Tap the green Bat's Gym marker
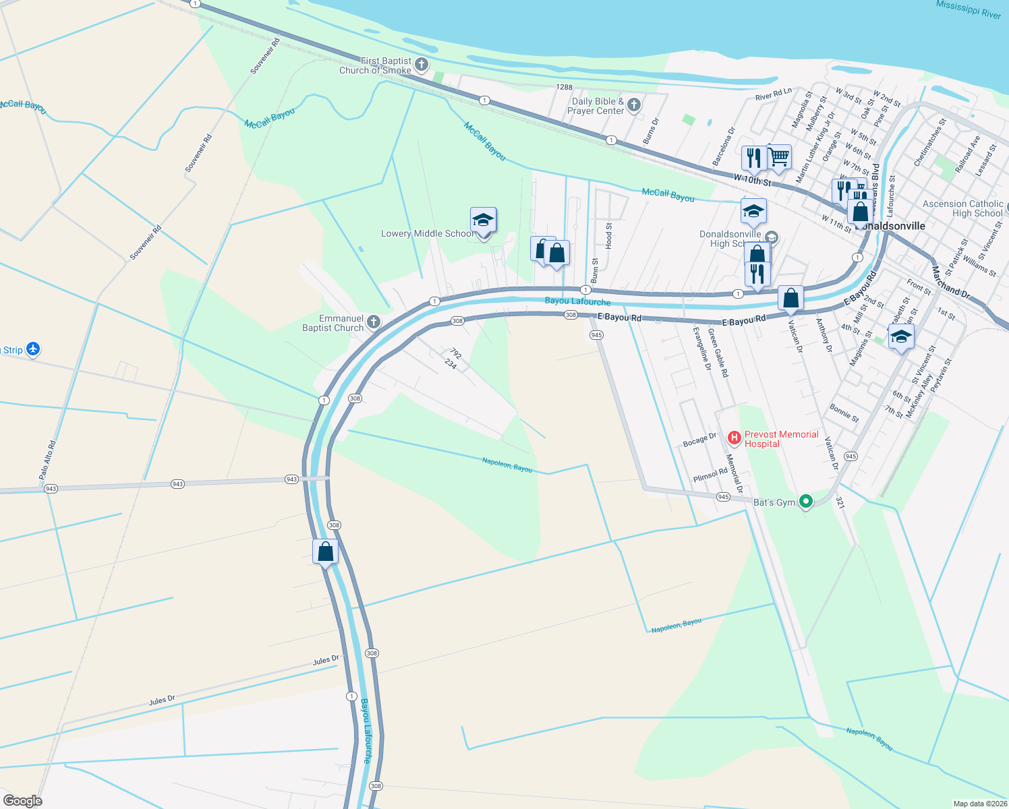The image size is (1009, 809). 805,502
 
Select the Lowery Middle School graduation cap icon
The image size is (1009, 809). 483,220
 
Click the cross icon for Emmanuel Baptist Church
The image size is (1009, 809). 374,322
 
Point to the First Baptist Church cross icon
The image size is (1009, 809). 422,65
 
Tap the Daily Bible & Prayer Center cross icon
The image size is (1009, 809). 633,104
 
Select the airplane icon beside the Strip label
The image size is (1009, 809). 33,349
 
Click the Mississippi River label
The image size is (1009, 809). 969,9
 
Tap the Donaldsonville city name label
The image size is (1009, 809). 890,227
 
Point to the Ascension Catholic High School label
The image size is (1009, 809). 962,208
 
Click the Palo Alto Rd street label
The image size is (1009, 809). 47,460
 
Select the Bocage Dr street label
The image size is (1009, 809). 699,440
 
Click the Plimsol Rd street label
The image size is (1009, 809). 710,475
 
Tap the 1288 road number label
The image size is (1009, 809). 564,87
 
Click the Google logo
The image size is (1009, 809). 23,800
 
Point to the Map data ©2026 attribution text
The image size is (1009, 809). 979,804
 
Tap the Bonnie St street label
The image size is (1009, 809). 844,413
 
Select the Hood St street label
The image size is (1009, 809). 609,236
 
